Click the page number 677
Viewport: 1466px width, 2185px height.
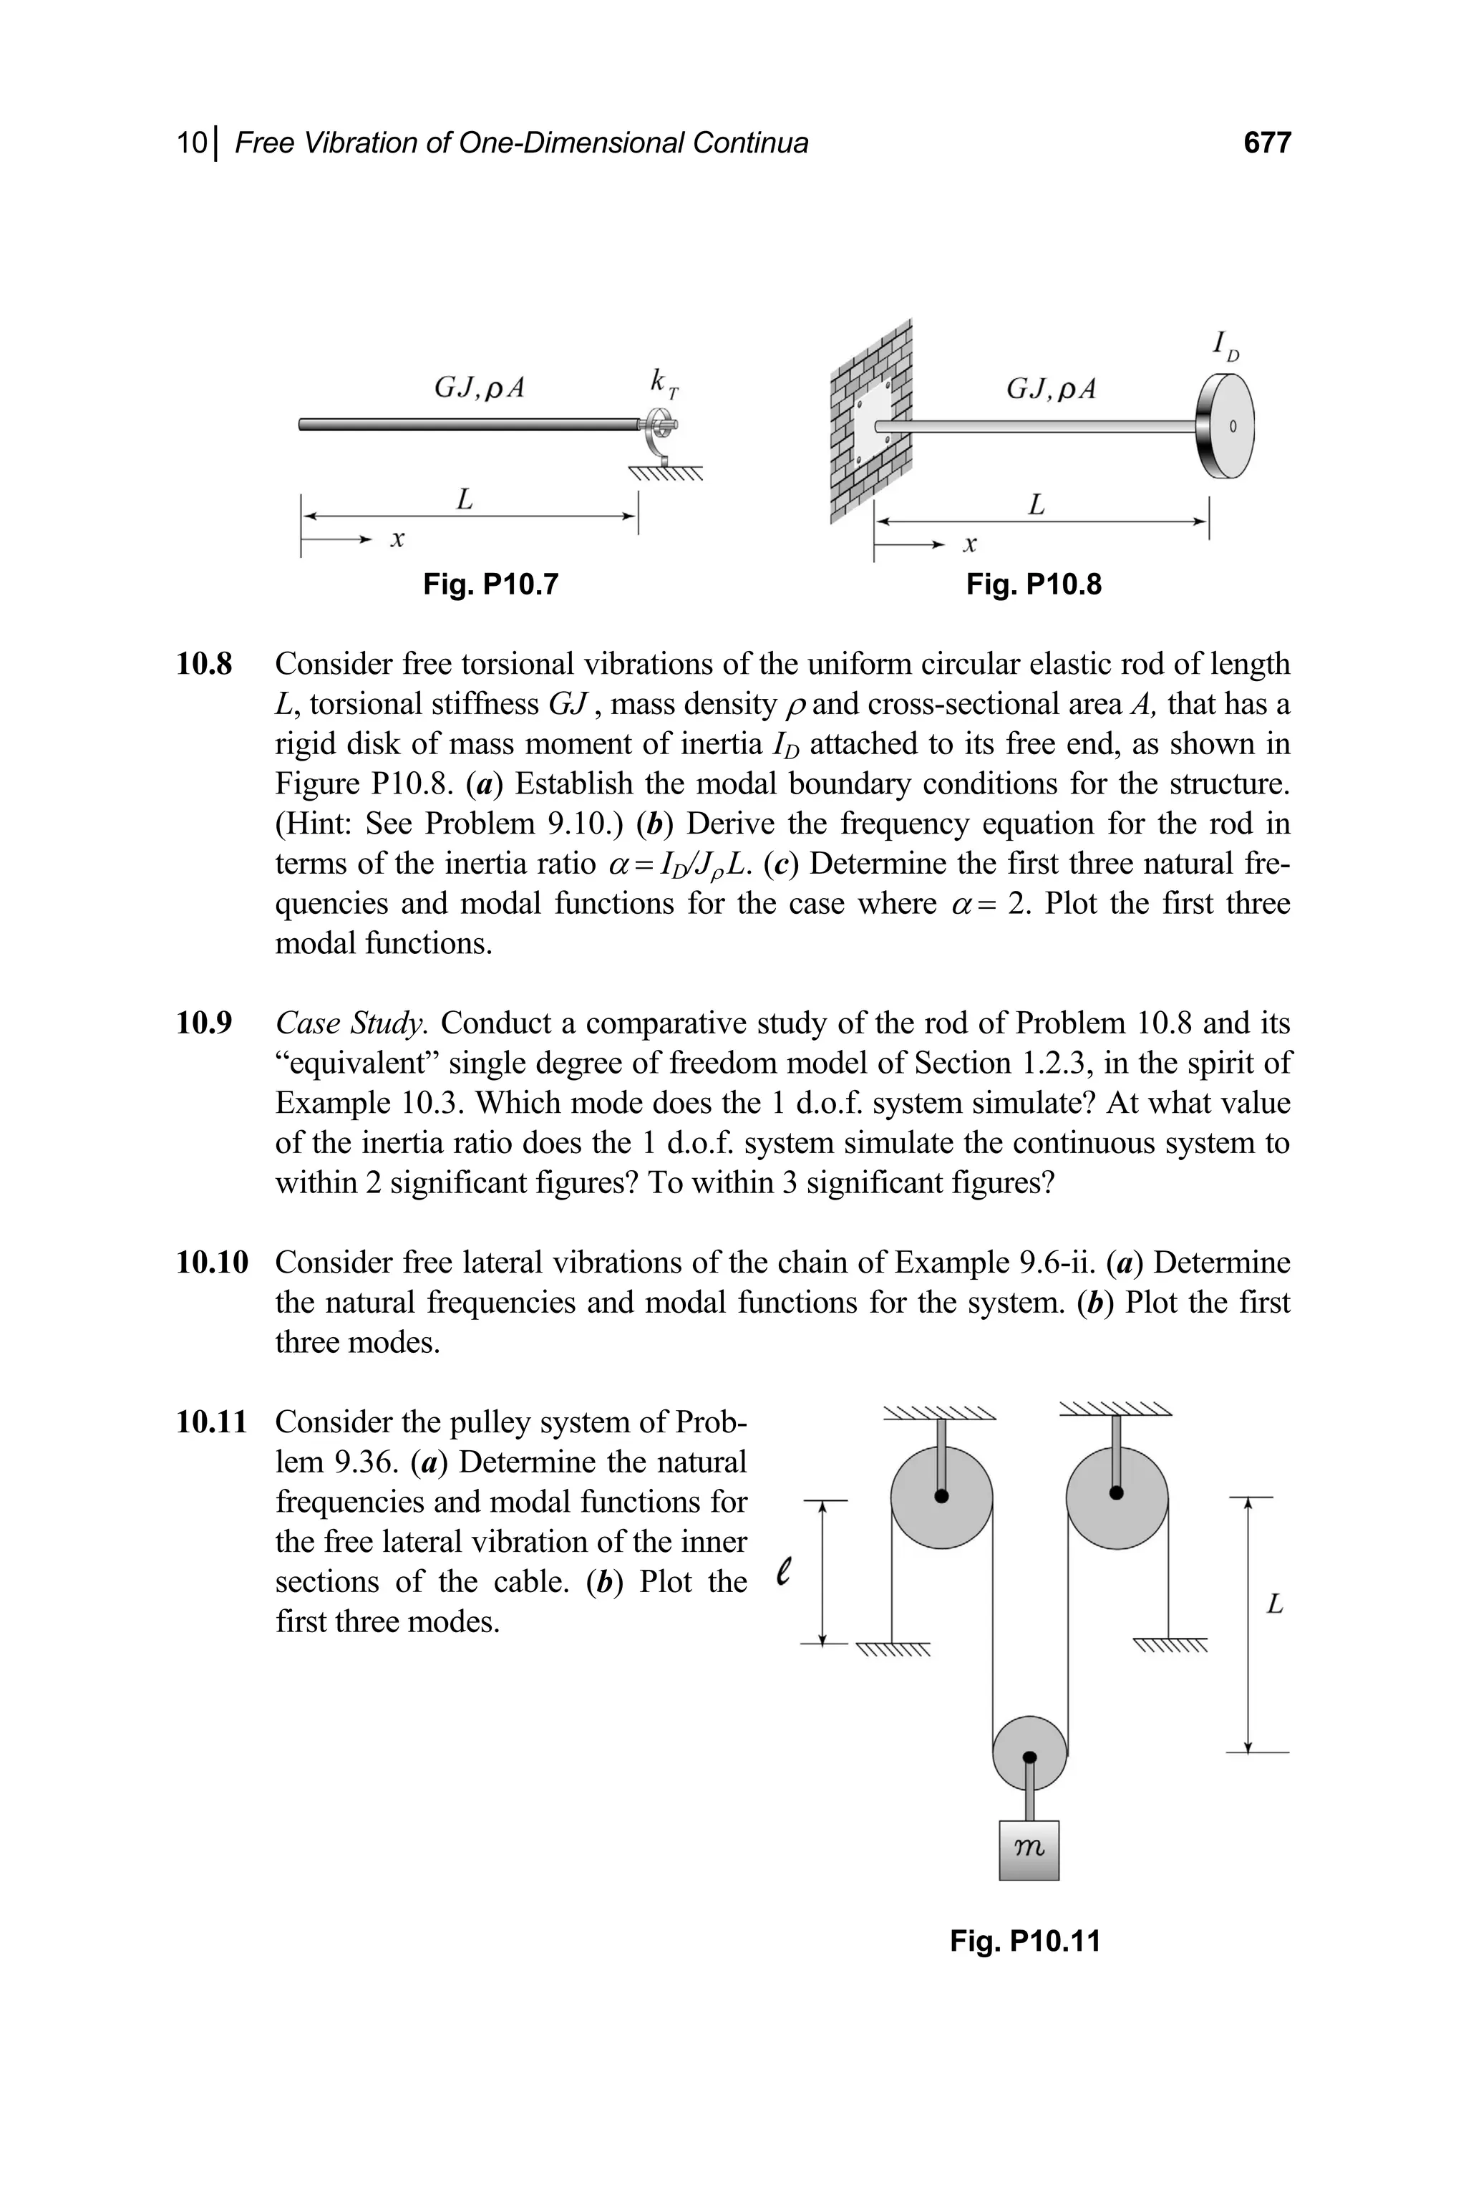click(1267, 143)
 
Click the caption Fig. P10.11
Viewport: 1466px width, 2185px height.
click(1025, 1941)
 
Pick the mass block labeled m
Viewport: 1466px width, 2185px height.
click(1029, 1849)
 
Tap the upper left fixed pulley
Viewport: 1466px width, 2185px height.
click(941, 1497)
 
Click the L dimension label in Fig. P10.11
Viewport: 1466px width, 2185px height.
click(1274, 1605)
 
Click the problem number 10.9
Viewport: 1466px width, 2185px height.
click(204, 1023)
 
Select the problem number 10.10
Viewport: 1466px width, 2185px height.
click(212, 1263)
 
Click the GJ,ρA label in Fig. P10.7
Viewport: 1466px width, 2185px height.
click(479, 387)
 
